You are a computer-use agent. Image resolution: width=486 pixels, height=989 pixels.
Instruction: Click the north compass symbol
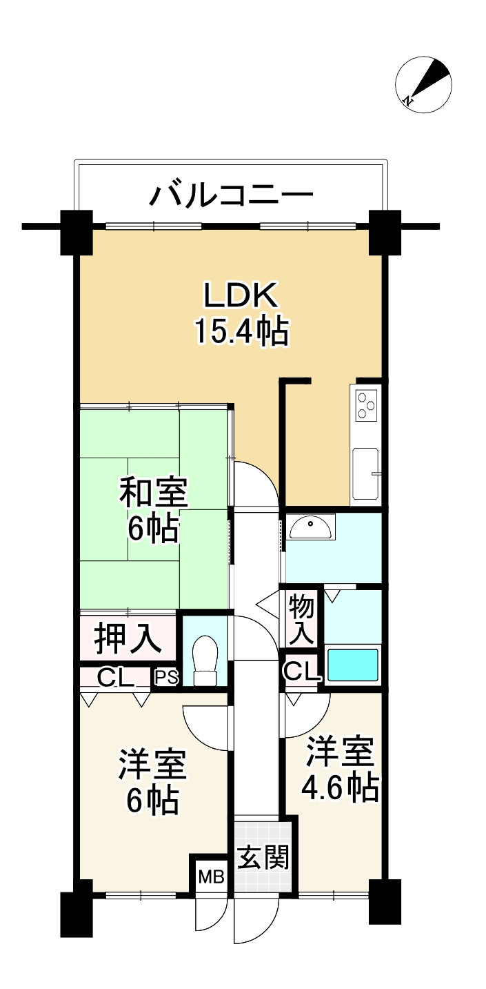tap(423, 84)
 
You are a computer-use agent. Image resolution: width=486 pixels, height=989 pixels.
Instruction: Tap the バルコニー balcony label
tap(232, 196)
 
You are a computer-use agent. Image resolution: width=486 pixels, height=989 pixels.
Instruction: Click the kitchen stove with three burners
tap(365, 405)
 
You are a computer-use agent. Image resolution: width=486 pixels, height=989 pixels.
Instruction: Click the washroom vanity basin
tap(310, 529)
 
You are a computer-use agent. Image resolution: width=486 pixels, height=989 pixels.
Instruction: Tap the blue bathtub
tap(353, 665)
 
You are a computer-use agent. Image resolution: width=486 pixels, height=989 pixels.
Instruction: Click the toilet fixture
tap(204, 661)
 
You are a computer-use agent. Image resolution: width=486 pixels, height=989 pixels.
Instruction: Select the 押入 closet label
tap(128, 638)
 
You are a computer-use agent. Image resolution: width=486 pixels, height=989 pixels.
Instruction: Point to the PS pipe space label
tap(165, 678)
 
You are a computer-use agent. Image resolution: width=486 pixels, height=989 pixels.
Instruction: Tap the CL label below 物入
tap(302, 671)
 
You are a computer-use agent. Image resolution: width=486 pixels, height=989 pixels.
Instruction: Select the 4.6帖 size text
tap(340, 787)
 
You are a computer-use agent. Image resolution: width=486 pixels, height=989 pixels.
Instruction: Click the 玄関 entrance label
tap(263, 858)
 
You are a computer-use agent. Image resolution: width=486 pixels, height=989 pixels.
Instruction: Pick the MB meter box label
tap(211, 877)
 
